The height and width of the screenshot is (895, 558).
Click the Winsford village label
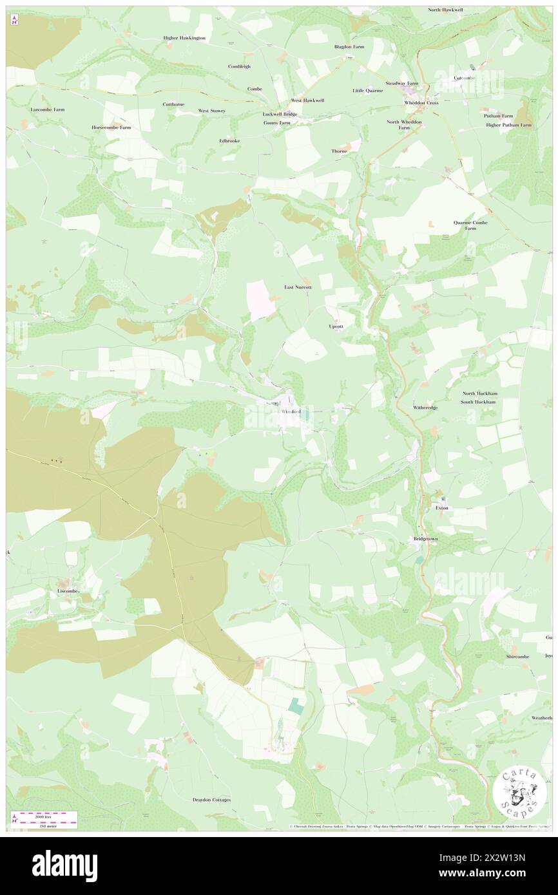[x=290, y=411]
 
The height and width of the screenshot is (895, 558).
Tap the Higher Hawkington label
[x=184, y=38]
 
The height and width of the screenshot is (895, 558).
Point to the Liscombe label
[x=67, y=590]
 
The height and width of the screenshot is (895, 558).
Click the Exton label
[x=441, y=508]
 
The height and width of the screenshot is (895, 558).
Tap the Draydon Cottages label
[x=211, y=800]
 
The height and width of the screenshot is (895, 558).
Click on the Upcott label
[x=336, y=326]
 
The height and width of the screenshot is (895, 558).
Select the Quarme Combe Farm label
[x=465, y=225]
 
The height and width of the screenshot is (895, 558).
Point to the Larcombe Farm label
[x=48, y=109]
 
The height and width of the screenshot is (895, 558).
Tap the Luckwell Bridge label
[x=280, y=114]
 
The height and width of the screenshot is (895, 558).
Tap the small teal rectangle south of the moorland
[x=296, y=706]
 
